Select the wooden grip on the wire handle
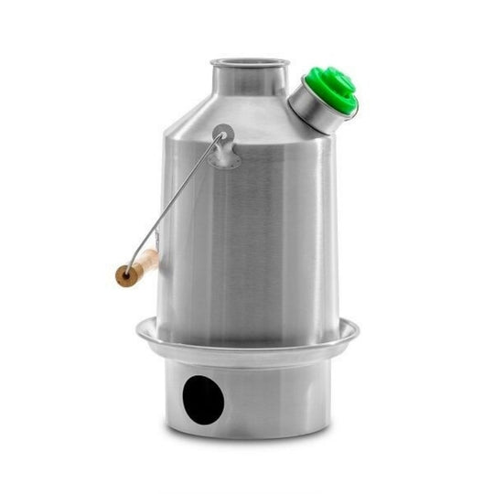136,269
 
